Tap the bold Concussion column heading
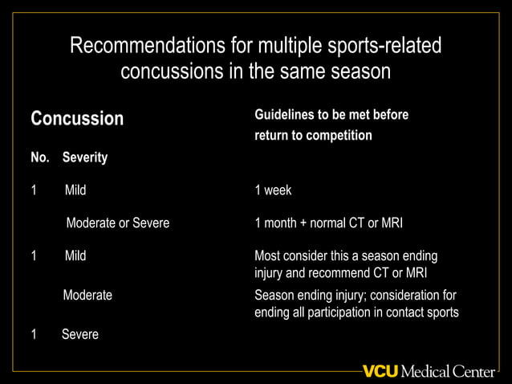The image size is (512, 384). [x=77, y=119]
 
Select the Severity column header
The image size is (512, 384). [x=85, y=157]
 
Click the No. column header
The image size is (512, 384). [x=39, y=157]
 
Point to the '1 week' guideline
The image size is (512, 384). [x=273, y=190]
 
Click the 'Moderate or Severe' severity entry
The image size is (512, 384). [x=117, y=223]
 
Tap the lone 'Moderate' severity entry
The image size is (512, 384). [x=87, y=295]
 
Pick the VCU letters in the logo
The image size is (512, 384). [x=380, y=371]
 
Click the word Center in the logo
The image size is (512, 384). [x=473, y=371]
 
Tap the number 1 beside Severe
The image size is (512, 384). [x=34, y=334]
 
